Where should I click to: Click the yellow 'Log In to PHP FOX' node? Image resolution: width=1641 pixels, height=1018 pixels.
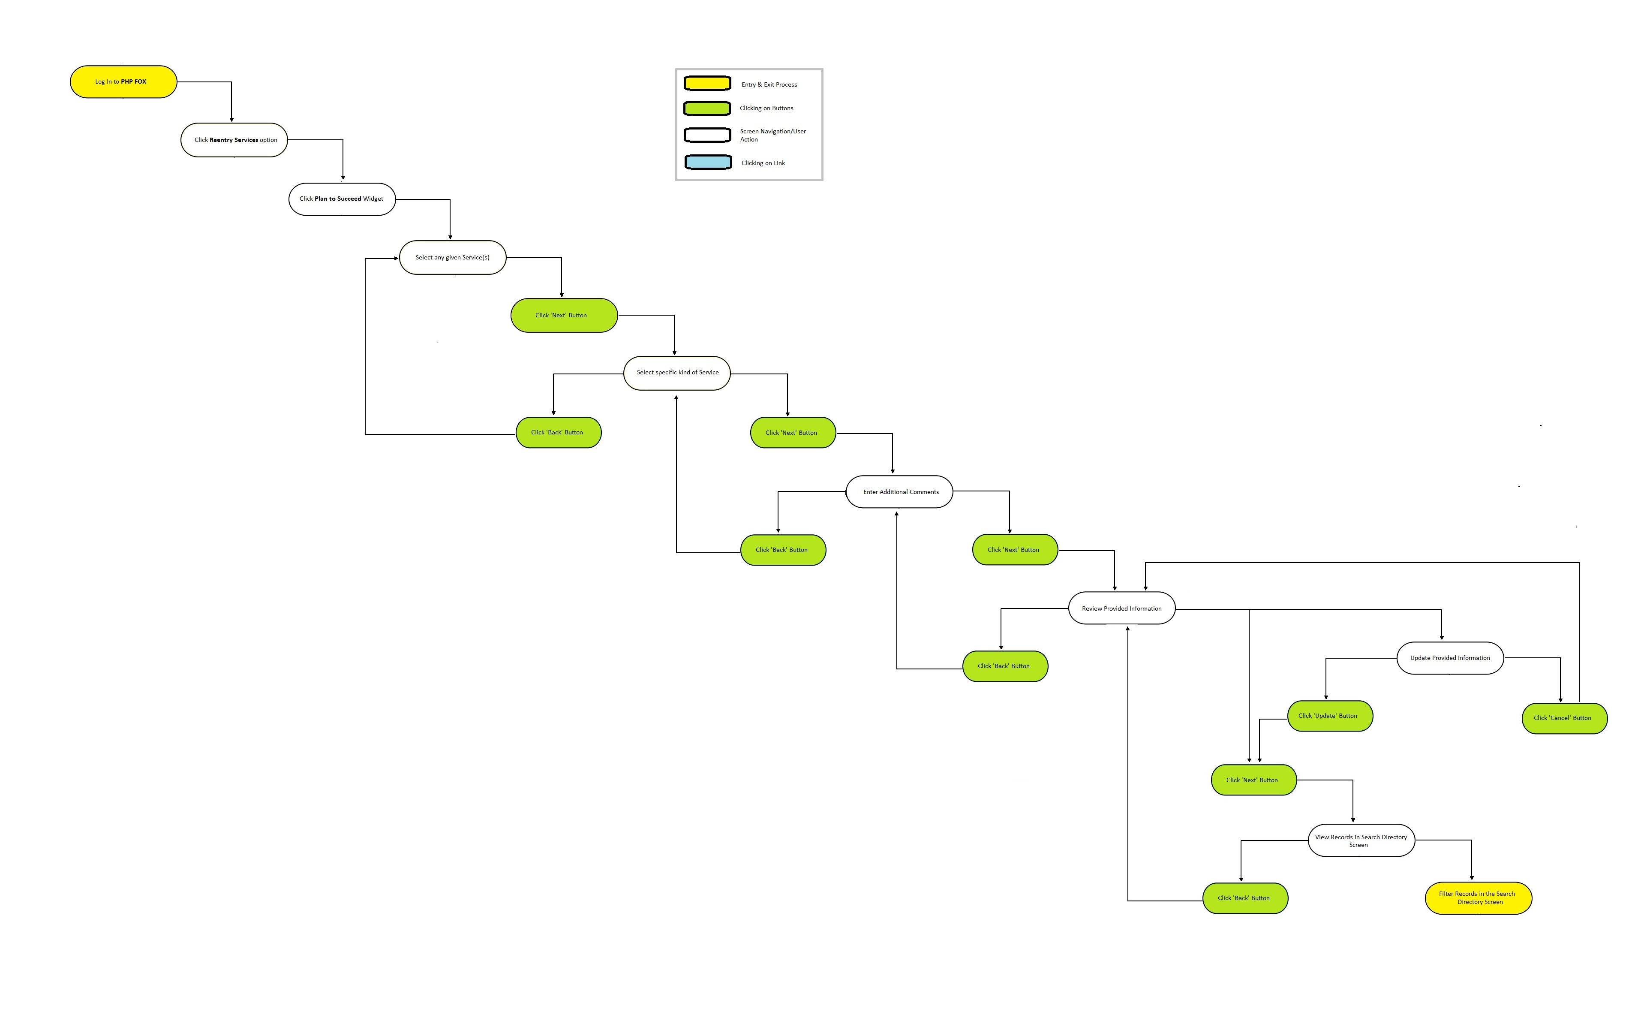(123, 81)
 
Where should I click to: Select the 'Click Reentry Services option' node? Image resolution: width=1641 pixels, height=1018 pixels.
(234, 140)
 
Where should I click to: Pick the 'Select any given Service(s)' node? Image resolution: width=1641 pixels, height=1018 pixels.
(452, 257)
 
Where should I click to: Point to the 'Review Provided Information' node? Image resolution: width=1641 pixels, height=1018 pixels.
(1122, 608)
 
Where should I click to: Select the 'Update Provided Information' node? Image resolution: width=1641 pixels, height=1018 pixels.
(1450, 658)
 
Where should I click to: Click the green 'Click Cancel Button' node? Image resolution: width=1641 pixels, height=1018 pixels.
(1564, 718)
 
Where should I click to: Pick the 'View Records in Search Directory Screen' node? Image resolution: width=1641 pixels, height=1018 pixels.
(1361, 840)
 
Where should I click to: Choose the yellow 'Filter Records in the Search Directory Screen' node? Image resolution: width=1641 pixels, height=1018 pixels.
(1478, 898)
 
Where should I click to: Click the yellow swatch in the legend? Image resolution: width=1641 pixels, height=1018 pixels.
(707, 84)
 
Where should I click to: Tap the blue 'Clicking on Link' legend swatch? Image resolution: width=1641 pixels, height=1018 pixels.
(708, 162)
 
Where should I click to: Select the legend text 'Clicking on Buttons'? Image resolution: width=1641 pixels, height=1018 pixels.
(766, 108)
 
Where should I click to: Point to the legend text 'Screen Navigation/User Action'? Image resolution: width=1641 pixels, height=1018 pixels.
(773, 136)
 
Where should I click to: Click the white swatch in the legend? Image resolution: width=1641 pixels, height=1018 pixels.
(707, 136)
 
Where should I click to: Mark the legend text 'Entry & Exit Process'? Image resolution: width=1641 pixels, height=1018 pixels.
(769, 85)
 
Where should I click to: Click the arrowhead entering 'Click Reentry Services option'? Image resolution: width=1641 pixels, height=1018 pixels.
(231, 120)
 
